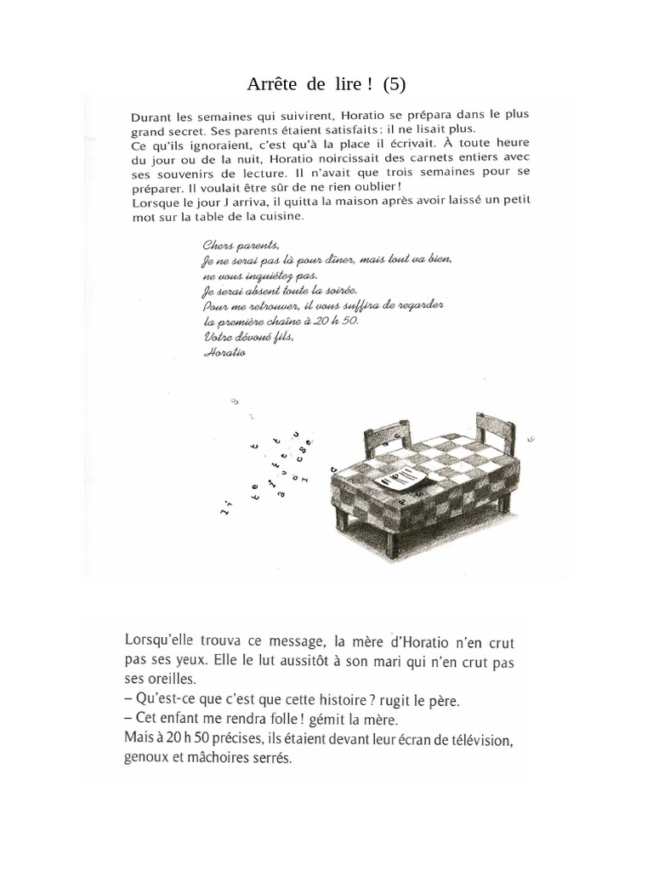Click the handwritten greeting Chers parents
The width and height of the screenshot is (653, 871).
[236, 246]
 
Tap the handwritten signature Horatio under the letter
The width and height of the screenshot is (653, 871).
[224, 352]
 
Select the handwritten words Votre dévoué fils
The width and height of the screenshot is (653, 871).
[248, 338]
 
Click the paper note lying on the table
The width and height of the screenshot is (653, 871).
[401, 479]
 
